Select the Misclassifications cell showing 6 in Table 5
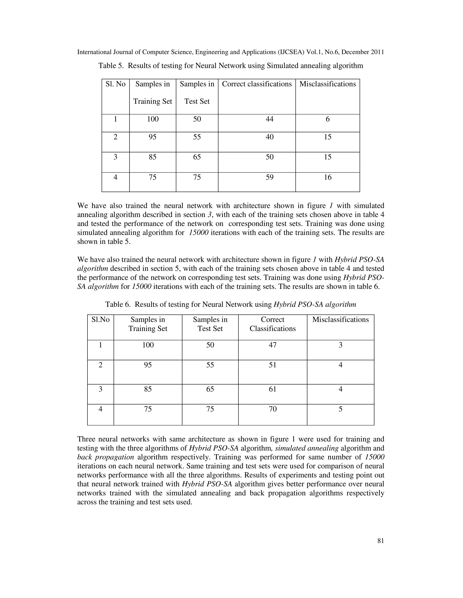(x=328, y=119)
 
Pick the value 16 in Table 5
(x=328, y=177)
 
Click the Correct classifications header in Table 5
(x=257, y=84)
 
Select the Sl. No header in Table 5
(x=116, y=84)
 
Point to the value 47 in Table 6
(x=272, y=345)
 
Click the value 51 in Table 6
(x=272, y=365)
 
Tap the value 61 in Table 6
(x=272, y=389)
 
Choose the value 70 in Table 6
(x=272, y=409)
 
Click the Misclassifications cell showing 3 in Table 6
(x=340, y=345)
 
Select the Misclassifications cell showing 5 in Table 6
(x=340, y=409)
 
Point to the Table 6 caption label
(x=117, y=304)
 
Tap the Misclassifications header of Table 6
(x=340, y=320)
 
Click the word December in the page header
(x=354, y=52)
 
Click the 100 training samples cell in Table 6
(x=148, y=345)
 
